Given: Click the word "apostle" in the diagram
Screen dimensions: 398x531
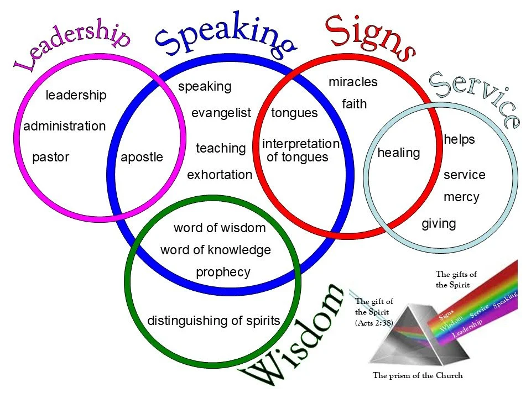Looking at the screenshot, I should point(142,157).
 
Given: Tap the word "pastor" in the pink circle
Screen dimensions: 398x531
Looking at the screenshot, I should point(50,157).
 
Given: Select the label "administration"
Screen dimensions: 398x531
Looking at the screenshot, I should point(64,126).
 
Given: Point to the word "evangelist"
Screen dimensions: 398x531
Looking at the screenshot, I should point(221,113).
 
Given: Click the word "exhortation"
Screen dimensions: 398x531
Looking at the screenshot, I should point(220,175).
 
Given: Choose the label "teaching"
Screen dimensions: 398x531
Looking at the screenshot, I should point(221,148).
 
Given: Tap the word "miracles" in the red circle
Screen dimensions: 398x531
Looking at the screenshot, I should point(353,82).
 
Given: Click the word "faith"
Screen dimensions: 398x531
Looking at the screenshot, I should point(354,104).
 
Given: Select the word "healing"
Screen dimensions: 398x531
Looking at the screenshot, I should point(398,153).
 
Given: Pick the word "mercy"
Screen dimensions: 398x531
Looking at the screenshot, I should point(461,197).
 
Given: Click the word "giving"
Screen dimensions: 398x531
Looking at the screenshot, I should point(439,224).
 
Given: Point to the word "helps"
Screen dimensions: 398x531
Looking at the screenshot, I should point(459,140).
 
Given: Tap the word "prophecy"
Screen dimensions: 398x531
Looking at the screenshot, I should point(223,273).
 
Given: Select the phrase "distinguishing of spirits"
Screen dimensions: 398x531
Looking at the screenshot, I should point(214,321).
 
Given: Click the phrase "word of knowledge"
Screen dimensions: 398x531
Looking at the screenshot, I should point(216,250).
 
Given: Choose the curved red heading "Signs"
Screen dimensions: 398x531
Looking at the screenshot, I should point(369,34).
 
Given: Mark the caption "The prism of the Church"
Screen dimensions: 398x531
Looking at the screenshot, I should point(418,376).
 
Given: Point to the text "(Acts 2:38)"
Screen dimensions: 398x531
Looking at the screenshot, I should point(374,322).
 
